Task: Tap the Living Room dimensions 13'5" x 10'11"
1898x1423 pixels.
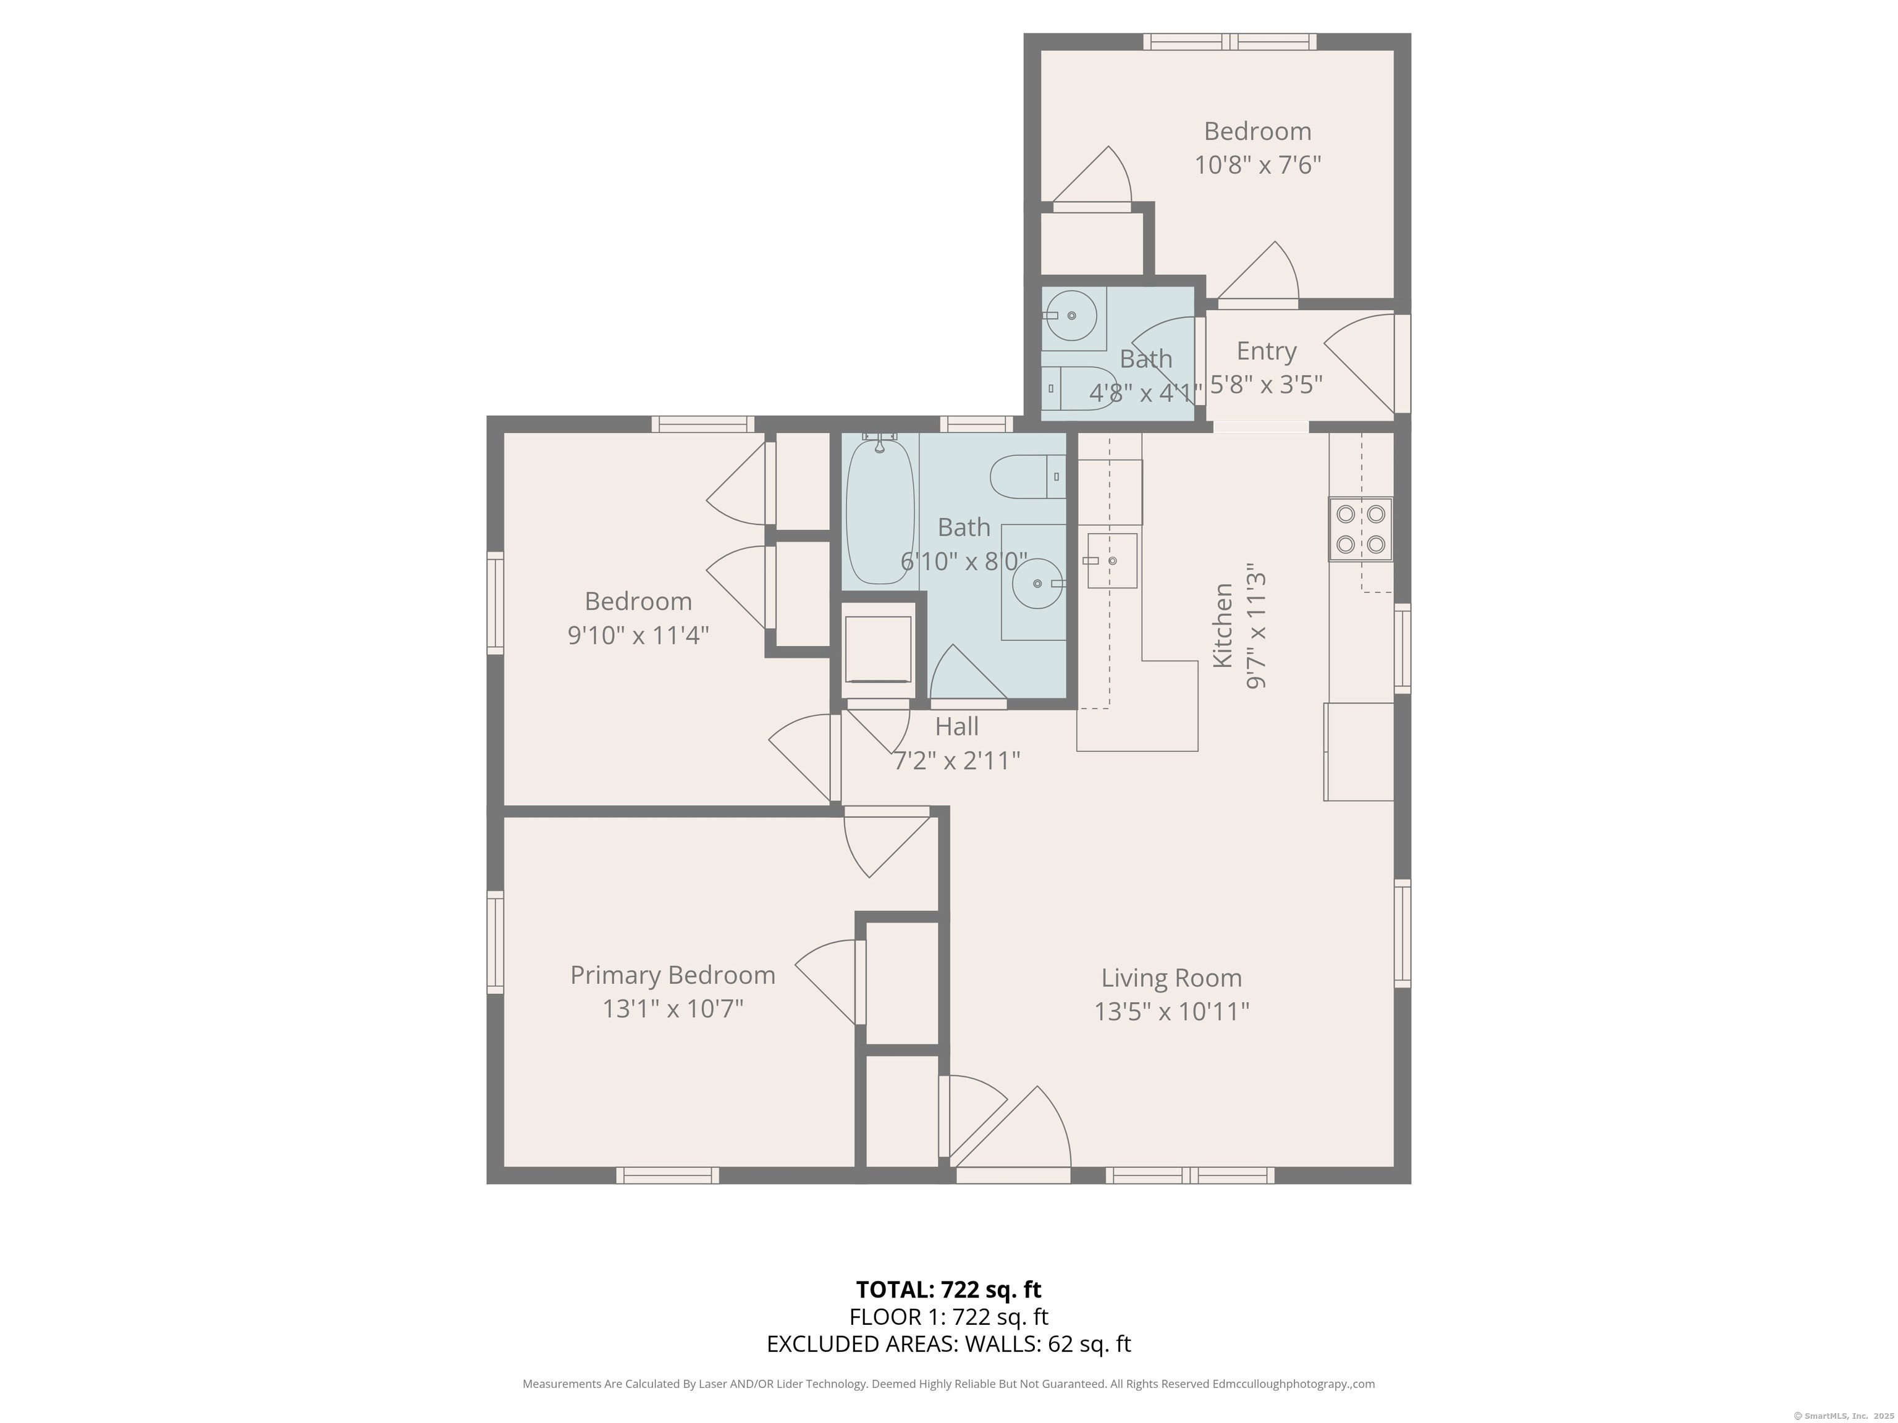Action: (1171, 1012)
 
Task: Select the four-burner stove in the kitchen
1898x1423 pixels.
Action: (1360, 529)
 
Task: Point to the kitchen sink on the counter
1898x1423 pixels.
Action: (1112, 560)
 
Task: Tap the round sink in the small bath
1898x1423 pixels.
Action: (1071, 316)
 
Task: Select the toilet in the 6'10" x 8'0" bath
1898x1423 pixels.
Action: (1026, 477)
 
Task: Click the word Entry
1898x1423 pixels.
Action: (1265, 351)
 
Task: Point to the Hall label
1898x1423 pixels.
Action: (956, 726)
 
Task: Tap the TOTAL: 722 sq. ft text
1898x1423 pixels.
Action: (948, 1289)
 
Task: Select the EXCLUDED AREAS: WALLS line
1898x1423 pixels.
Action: (948, 1344)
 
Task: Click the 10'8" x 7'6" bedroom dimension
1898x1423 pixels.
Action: (1257, 165)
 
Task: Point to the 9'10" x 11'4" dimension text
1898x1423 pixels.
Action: (638, 636)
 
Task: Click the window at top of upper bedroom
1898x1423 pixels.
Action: (1229, 41)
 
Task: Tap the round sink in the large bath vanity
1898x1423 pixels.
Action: (1037, 583)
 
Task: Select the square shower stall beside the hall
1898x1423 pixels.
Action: (878, 649)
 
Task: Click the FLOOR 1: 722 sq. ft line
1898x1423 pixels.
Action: (948, 1317)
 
